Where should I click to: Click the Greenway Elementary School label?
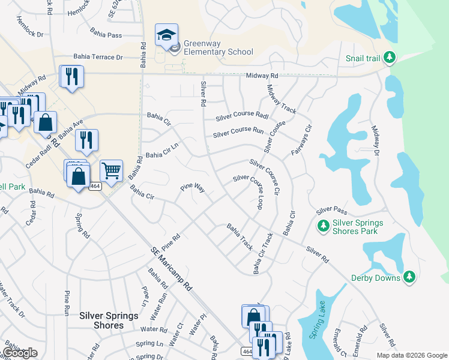218,47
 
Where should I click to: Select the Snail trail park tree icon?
390,57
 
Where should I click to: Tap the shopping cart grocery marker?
111,172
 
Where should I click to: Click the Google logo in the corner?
20,352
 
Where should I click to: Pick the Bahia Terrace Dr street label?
98,57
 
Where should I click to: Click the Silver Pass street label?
331,211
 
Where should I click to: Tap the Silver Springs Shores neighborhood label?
109,320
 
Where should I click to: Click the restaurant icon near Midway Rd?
71,76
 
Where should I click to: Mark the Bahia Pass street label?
106,34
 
